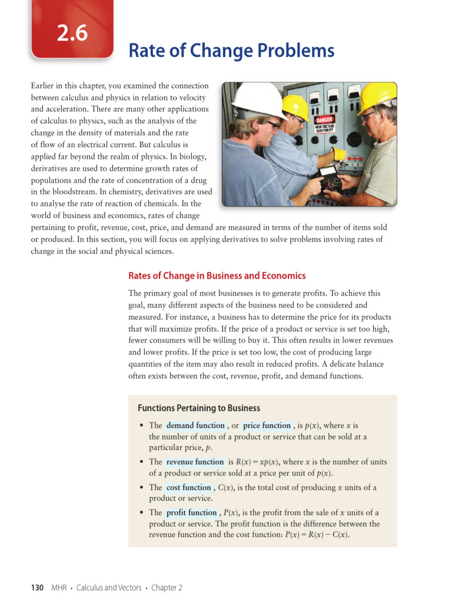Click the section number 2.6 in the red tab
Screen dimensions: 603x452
pyautogui.click(x=72, y=34)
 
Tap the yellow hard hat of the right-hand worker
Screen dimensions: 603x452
pyautogui.click(x=377, y=97)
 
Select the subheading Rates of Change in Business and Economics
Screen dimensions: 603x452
pyautogui.click(x=217, y=276)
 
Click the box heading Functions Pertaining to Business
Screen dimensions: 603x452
pyautogui.click(x=198, y=408)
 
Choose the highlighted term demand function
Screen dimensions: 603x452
pyautogui.click(x=195, y=425)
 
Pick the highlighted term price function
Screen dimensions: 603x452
pyautogui.click(x=267, y=425)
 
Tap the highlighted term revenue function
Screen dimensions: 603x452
pyautogui.click(x=195, y=462)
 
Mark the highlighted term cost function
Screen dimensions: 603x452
pyautogui.click(x=188, y=488)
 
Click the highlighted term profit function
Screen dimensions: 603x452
pyautogui.click(x=192, y=513)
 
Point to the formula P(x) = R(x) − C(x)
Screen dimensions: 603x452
pyautogui.click(x=315, y=535)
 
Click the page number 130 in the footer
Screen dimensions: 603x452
pyautogui.click(x=37, y=588)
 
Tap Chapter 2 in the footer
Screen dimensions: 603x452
pyautogui.click(x=167, y=588)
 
